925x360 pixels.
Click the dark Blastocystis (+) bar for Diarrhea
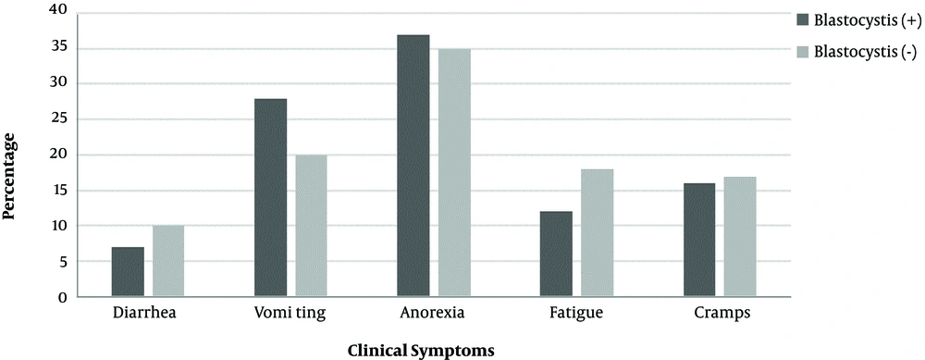[127, 272]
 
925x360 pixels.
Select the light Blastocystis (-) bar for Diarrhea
[168, 261]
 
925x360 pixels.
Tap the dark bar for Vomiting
[270, 198]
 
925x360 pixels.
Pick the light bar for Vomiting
[312, 226]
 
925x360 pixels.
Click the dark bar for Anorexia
[413, 166]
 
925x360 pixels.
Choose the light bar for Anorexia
[454, 173]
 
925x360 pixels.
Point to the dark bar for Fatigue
[557, 254]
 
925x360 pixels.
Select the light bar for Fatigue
[598, 233]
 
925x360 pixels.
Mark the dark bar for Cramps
[699, 240]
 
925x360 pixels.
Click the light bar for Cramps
[741, 237]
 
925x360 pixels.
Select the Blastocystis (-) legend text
[864, 53]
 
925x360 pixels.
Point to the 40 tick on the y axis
[58, 11]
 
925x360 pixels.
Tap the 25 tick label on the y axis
[58, 118]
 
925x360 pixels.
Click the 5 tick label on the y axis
[62, 262]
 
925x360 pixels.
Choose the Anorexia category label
[434, 313]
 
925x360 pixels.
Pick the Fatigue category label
[577, 313]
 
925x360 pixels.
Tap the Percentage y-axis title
[10, 176]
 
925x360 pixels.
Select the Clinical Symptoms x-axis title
[421, 351]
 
